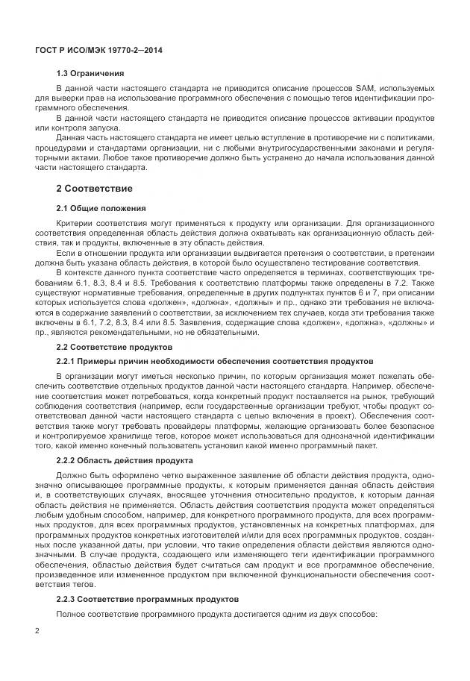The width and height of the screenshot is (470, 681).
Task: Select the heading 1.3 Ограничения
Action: (90, 74)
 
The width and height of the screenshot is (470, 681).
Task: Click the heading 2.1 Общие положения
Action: (101, 208)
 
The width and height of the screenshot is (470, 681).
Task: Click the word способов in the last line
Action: (358, 614)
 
